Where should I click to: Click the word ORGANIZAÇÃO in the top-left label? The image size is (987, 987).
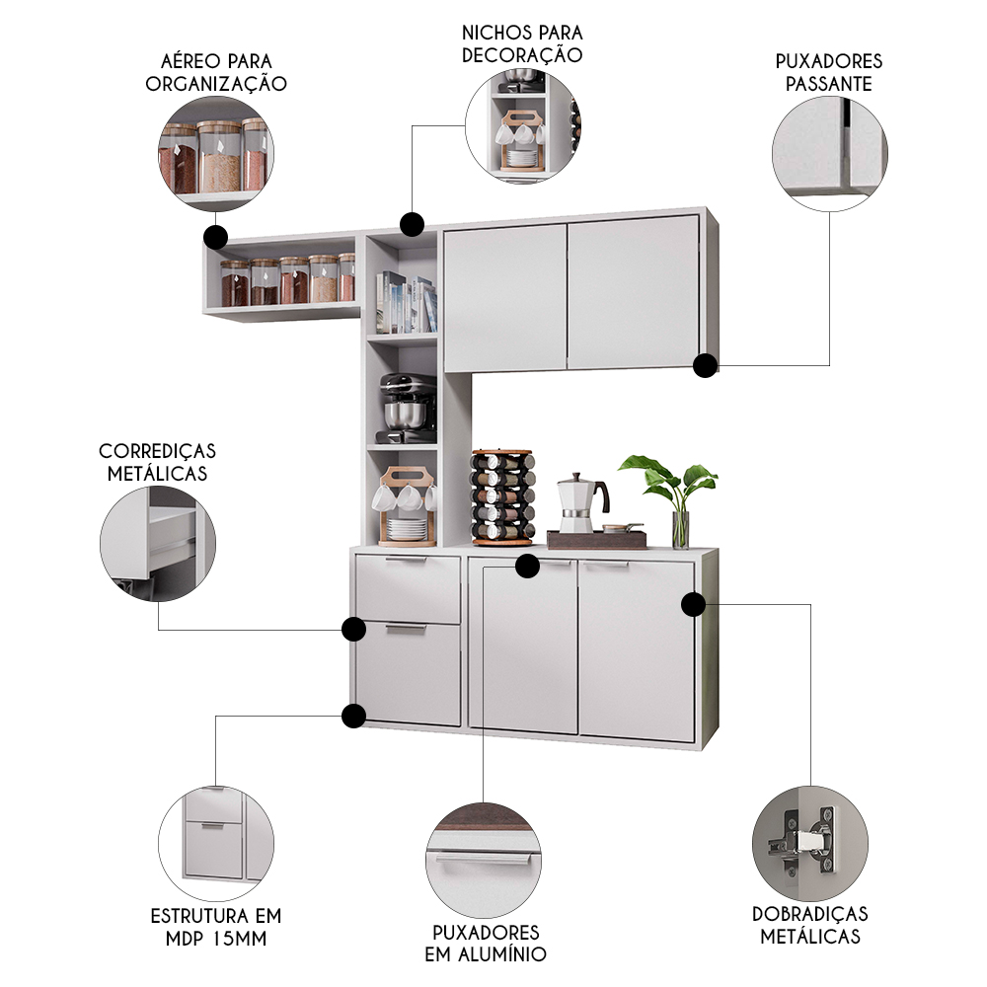point(216,84)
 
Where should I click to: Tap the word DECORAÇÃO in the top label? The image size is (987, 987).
point(522,55)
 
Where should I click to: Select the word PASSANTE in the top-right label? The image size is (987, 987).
point(829,84)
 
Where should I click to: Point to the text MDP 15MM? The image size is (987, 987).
point(217,938)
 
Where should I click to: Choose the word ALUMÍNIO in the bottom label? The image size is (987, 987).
point(486,953)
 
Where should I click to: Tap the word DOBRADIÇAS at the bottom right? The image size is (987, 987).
point(810,914)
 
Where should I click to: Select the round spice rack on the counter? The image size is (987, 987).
point(502,497)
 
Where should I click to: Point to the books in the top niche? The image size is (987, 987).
point(405,301)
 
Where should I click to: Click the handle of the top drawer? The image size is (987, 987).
point(408,561)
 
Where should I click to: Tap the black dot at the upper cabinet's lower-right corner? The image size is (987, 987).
point(705,366)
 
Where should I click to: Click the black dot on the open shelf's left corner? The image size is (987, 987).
point(215,237)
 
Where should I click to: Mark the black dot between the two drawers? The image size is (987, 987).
point(353,629)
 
